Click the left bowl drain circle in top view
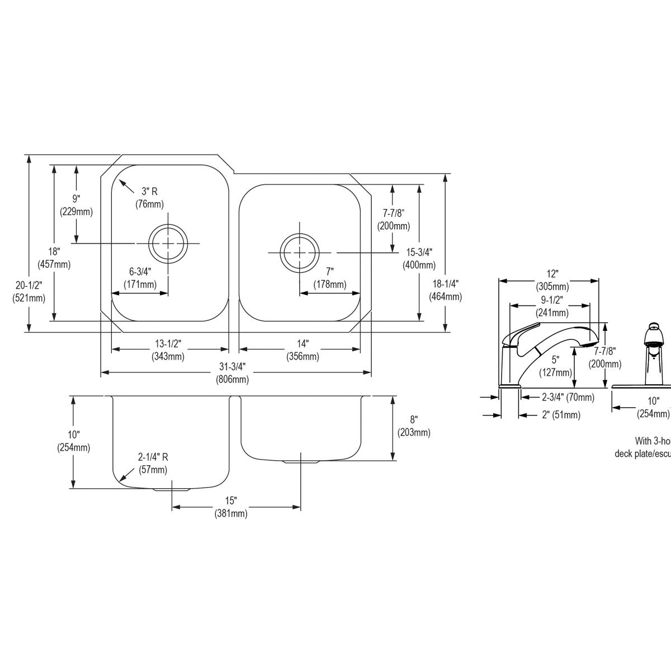167,243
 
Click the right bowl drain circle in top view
300,253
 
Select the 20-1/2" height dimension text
29,292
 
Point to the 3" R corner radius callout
149,197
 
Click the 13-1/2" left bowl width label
168,350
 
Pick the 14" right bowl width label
303,350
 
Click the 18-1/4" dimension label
445,290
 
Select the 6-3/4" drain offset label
140,278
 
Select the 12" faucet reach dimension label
552,280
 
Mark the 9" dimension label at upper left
76,205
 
